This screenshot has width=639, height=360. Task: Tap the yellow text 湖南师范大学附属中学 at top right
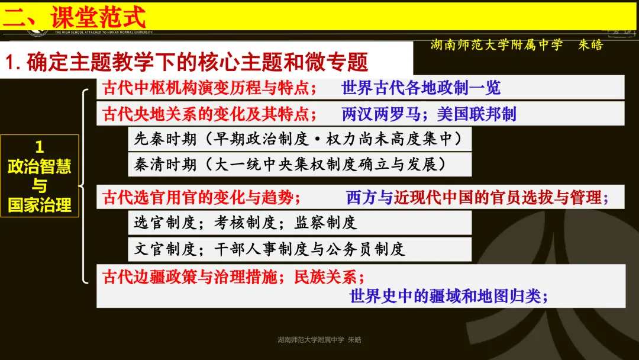click(496, 45)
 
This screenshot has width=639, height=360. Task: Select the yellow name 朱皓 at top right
click(590, 45)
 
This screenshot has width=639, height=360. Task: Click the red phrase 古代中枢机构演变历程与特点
click(205, 88)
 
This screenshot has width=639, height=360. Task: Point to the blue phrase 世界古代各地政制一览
click(421, 88)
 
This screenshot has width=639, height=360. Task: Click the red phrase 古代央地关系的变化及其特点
click(205, 114)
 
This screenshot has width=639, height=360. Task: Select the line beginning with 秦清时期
click(289, 164)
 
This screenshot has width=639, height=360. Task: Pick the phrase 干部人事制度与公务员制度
click(309, 249)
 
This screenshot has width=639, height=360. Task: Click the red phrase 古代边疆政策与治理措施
click(189, 277)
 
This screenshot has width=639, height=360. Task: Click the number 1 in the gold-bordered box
click(40, 147)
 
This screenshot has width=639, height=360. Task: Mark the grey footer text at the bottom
click(319, 340)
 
